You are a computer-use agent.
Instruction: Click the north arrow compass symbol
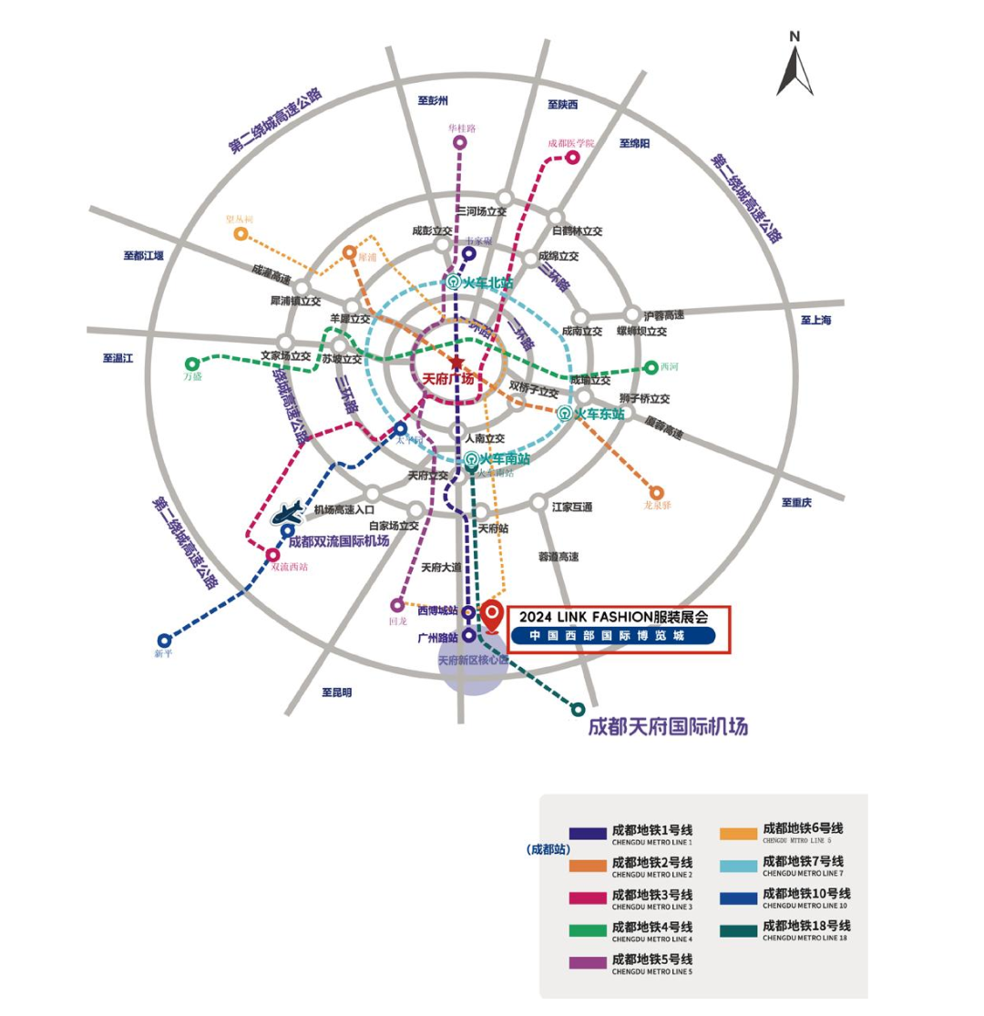[x=794, y=66]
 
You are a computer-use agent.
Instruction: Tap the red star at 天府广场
[x=456, y=363]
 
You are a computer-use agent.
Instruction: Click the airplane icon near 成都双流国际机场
[x=292, y=513]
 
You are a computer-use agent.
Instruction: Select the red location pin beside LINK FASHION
[x=492, y=616]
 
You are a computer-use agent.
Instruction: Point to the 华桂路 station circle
[x=460, y=142]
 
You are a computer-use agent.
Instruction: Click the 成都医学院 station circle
[x=573, y=158]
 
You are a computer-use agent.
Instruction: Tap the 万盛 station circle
[x=192, y=364]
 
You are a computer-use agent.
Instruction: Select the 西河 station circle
[x=651, y=367]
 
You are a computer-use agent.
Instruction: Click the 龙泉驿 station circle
[x=656, y=493]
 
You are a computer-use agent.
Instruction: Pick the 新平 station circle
[x=164, y=641]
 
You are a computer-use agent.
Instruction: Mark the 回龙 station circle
[x=397, y=605]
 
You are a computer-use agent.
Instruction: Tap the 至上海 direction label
[x=816, y=320]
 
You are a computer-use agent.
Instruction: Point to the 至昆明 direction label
[x=336, y=693]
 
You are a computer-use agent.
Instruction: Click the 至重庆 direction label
[x=796, y=502]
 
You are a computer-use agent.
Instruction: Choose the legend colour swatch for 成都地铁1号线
[x=588, y=833]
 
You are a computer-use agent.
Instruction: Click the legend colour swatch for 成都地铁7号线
[x=739, y=864]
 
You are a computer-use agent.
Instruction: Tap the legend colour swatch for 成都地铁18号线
[x=739, y=928]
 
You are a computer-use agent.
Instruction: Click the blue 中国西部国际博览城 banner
[x=610, y=636]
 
